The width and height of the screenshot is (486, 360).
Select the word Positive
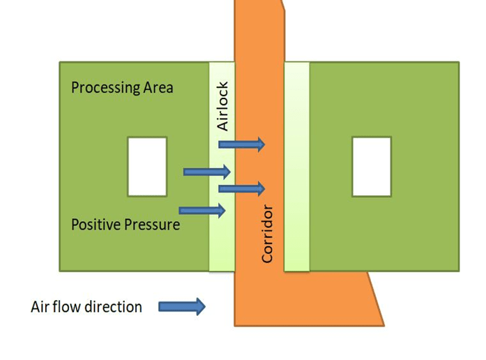96,225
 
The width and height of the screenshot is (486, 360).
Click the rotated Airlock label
223,106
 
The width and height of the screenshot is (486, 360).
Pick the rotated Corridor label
267,234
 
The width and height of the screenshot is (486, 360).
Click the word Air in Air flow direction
40,306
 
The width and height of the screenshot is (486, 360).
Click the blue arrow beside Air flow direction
182,306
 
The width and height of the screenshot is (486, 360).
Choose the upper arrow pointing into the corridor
242,144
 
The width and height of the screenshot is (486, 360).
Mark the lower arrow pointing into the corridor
242,188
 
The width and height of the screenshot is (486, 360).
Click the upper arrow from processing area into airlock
206,172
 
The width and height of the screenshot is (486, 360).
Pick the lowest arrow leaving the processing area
202,210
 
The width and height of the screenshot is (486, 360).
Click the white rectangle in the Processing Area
147,166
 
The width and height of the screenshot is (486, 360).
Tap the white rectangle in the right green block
371,166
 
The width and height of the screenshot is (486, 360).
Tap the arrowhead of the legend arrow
200,306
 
